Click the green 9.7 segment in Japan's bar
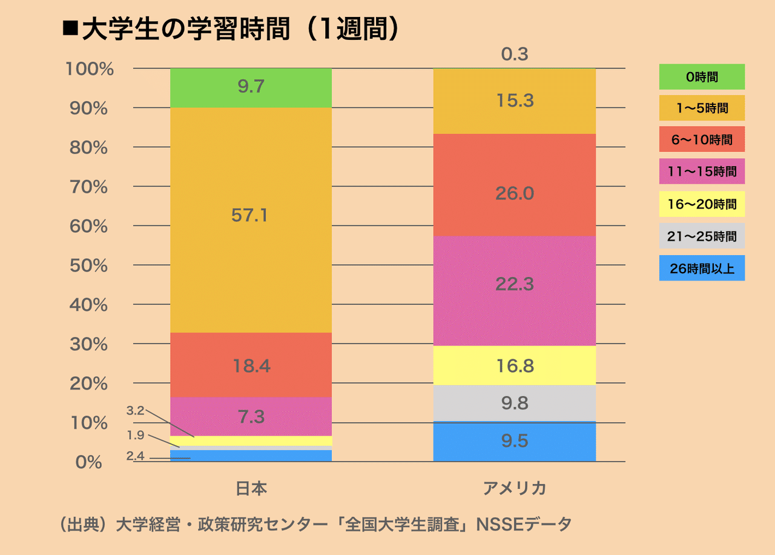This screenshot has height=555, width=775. pos(251,88)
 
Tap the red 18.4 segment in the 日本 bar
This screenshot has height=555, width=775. pos(251,365)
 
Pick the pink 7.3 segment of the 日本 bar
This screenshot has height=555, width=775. pos(251,416)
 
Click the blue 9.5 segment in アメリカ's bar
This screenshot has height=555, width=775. pos(515,441)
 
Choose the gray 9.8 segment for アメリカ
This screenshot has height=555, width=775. pos(515,403)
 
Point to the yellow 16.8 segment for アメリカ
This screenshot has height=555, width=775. pos(515,365)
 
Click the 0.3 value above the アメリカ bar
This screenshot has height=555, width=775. pos(515,55)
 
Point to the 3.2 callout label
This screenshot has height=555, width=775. pos(134,411)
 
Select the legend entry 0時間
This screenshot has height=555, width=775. pos(702,77)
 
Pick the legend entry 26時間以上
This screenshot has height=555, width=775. pos(702,268)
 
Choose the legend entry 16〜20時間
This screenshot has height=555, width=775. pos(702,204)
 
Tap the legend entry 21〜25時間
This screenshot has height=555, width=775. pos(702,236)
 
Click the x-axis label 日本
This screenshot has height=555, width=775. pos(251,489)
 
